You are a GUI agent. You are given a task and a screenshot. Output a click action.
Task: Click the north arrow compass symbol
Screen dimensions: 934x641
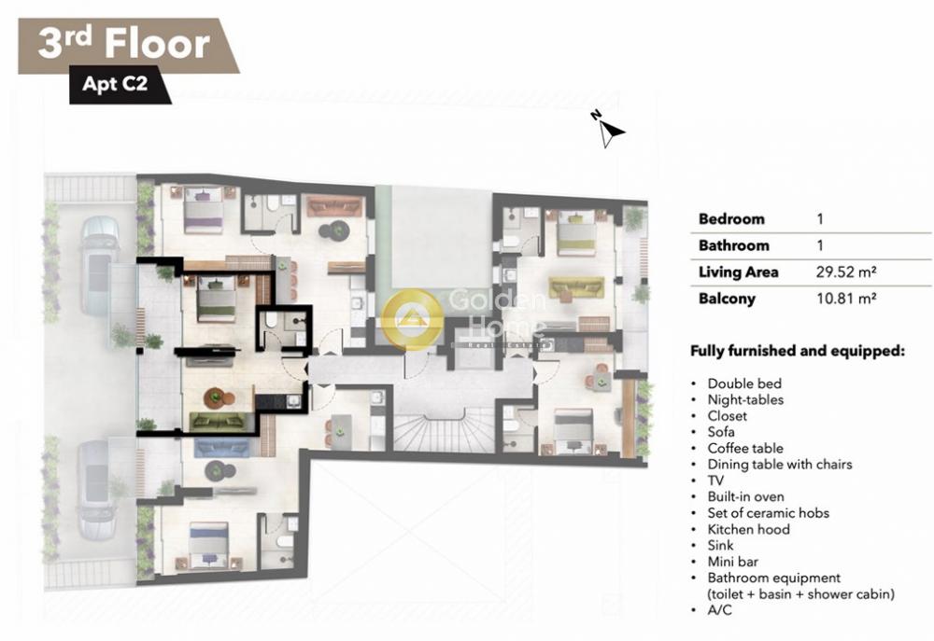[x=609, y=129]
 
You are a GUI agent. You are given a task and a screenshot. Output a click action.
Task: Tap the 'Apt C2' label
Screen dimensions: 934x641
[x=115, y=83]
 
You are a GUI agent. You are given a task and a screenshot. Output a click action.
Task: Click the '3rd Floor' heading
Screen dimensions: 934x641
[x=124, y=44]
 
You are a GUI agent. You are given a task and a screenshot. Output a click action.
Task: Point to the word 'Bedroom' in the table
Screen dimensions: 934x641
[x=731, y=219]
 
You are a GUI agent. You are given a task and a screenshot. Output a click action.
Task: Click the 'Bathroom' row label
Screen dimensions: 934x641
[x=734, y=245]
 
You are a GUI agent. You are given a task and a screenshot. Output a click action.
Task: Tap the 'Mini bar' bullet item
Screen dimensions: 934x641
[x=732, y=562]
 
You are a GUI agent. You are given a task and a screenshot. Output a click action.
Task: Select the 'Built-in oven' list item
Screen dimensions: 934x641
[x=745, y=496]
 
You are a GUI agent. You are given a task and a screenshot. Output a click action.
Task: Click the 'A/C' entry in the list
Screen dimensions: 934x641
[x=719, y=610]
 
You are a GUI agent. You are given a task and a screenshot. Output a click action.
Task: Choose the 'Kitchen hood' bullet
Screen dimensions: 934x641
[x=749, y=529]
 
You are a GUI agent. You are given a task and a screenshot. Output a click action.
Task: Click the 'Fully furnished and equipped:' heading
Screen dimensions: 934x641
[x=798, y=351]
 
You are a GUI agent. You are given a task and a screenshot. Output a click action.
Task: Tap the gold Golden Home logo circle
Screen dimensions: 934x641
[x=412, y=319]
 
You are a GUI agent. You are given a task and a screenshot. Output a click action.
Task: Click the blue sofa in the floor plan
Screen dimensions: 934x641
[x=221, y=448]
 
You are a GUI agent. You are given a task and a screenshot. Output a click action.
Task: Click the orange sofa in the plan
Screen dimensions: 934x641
[x=334, y=206]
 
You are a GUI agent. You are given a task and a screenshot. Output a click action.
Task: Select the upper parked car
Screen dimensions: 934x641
[x=99, y=266]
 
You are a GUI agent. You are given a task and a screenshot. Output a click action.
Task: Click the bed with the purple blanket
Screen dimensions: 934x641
[x=203, y=210]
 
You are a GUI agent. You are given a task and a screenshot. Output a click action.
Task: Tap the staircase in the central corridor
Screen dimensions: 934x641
[x=443, y=432]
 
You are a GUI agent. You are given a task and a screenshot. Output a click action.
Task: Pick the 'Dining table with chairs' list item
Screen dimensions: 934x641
[x=780, y=465]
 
